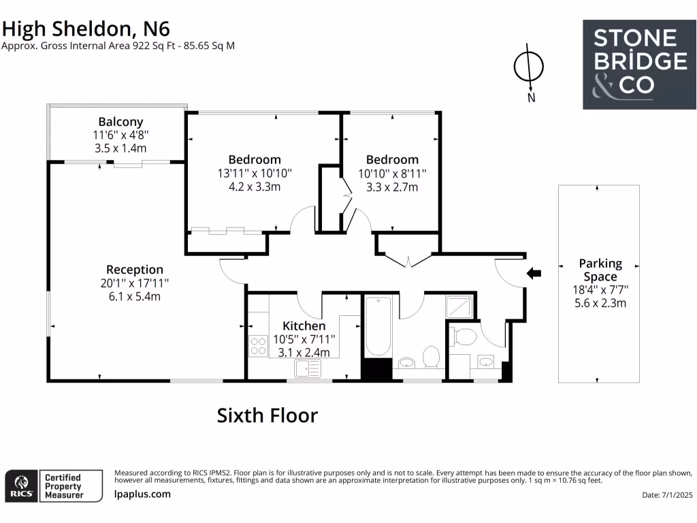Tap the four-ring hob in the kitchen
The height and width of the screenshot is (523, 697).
pyautogui.click(x=259, y=346)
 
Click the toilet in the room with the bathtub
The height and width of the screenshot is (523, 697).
pyautogui.click(x=431, y=356)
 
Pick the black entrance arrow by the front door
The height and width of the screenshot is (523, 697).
pyautogui.click(x=534, y=274)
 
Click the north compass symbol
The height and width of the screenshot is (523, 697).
pyautogui.click(x=528, y=66)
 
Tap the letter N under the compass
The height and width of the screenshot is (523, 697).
pyautogui.click(x=531, y=97)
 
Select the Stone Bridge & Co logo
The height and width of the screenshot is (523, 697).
pyautogui.click(x=639, y=64)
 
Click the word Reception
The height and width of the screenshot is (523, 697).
pyautogui.click(x=135, y=270)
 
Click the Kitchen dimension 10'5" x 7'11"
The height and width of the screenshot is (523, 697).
pyautogui.click(x=304, y=339)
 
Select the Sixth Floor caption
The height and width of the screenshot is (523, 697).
pyautogui.click(x=267, y=415)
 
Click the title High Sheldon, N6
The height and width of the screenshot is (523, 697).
pyautogui.click(x=86, y=28)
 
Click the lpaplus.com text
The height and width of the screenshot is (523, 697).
pyautogui.click(x=142, y=494)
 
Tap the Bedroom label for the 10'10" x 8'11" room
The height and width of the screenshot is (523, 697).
pyautogui.click(x=388, y=160)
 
